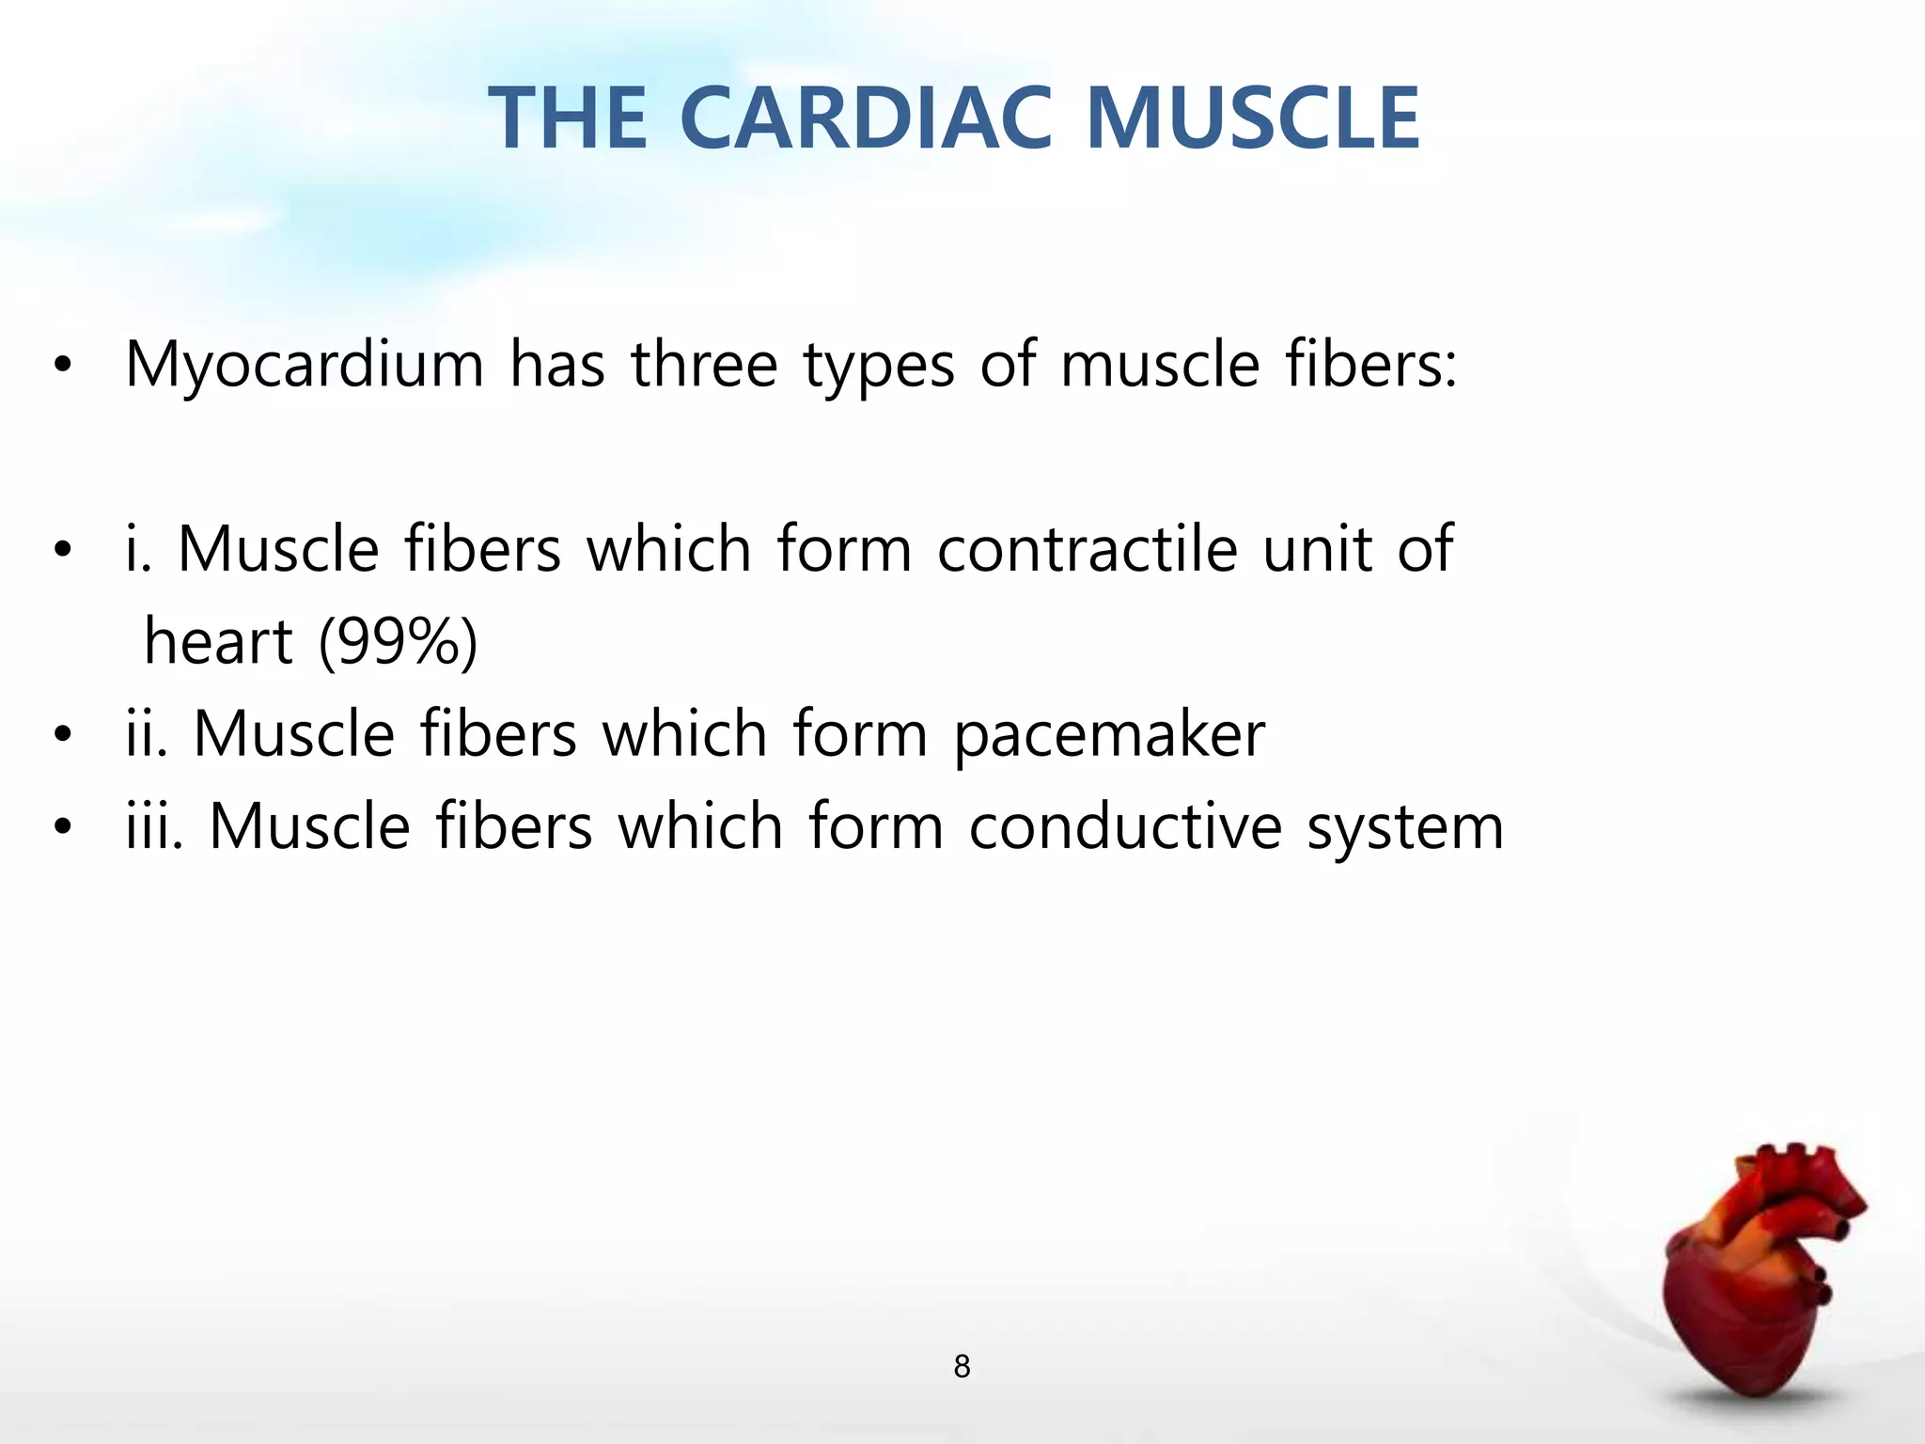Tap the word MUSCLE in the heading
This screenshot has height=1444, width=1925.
tap(1252, 118)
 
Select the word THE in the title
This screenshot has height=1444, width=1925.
tap(569, 118)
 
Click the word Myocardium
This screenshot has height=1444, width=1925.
tap(305, 365)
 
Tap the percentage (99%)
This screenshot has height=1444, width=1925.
tap(399, 642)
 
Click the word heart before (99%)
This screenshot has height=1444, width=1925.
tap(218, 641)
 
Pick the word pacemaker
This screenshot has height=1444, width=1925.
tap(1109, 736)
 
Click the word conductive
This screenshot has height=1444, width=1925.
tap(1125, 826)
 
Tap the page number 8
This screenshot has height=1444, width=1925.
tap(962, 1366)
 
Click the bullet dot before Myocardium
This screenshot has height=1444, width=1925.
tap(62, 368)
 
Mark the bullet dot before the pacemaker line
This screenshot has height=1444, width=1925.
tap(62, 736)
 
